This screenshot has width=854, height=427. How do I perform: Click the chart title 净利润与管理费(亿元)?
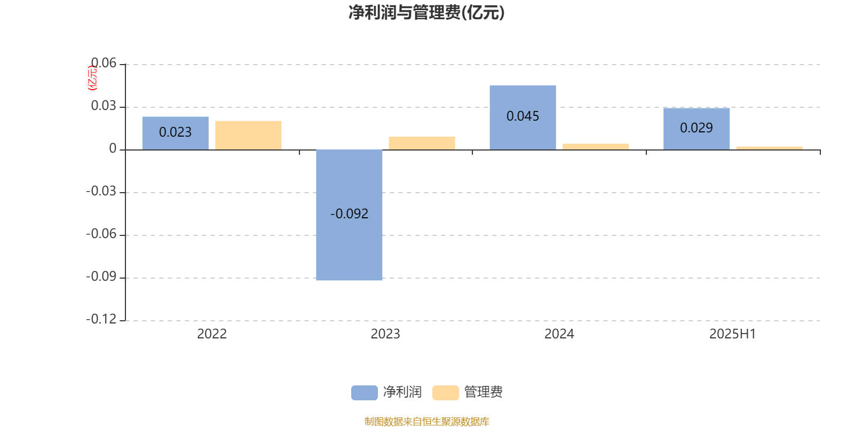pyautogui.click(x=426, y=13)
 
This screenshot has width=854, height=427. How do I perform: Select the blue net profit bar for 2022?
pyautogui.click(x=176, y=133)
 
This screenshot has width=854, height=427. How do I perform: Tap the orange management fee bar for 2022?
pyautogui.click(x=248, y=136)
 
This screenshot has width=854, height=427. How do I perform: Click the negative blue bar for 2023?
pyautogui.click(x=349, y=215)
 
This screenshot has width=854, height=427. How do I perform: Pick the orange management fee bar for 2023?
pyautogui.click(x=422, y=143)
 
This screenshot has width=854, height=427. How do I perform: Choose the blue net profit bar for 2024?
pyautogui.click(x=523, y=117)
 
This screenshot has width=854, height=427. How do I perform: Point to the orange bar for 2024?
pyautogui.click(x=596, y=147)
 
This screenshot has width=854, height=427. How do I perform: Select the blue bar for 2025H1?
pyautogui.click(x=697, y=129)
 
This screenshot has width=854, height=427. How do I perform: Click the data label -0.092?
pyautogui.click(x=349, y=214)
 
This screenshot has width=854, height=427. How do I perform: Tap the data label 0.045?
pyautogui.click(x=523, y=116)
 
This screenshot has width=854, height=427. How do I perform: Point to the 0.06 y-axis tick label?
pyautogui.click(x=104, y=63)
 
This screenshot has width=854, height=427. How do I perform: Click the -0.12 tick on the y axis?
pyautogui.click(x=101, y=319)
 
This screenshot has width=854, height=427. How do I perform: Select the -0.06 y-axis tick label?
pyautogui.click(x=101, y=234)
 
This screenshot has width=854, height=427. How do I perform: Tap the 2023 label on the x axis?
pyautogui.click(x=385, y=334)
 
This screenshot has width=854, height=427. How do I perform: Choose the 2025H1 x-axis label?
pyautogui.click(x=732, y=334)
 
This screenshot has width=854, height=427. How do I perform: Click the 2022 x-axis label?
pyautogui.click(x=212, y=334)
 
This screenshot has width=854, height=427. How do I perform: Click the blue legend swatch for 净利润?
pyautogui.click(x=365, y=393)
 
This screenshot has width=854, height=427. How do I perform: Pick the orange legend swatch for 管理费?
pyautogui.click(x=445, y=393)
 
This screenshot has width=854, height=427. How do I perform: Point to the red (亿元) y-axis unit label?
pyautogui.click(x=92, y=78)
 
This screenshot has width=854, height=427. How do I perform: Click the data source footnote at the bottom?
pyautogui.click(x=426, y=421)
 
